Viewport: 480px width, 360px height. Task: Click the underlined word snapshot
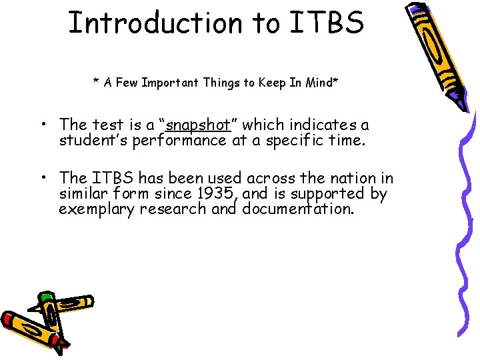coord(198,125)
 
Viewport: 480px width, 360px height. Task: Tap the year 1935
coord(217,194)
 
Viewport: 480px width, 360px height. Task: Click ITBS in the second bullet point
coord(112,178)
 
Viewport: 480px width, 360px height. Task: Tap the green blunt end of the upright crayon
coord(47,297)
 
